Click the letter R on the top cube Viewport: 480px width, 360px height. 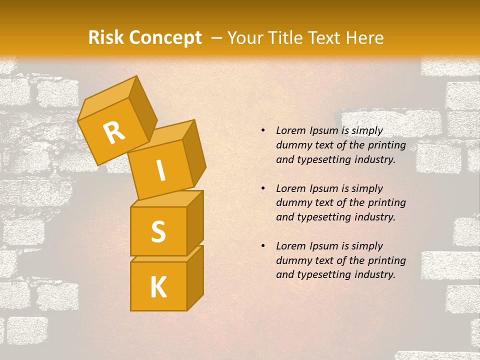pos(114,132)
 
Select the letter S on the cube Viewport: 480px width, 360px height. pos(158,232)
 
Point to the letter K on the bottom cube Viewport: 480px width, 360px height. pos(158,287)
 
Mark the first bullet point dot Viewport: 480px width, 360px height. pos(263,131)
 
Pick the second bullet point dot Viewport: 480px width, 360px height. pos(263,188)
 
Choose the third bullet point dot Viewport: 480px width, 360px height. pos(263,246)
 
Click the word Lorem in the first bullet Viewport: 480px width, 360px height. pos(290,131)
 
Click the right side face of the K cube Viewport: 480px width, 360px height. pos(195,277)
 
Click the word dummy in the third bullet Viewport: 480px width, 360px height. pos(291,260)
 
